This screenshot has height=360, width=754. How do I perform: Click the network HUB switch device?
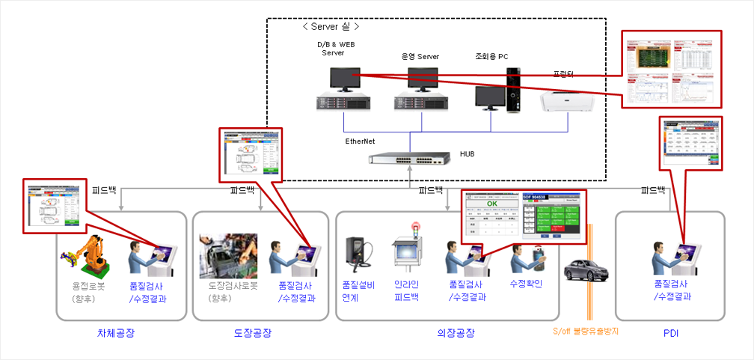(408, 160)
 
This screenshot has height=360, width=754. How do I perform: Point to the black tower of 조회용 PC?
(512, 90)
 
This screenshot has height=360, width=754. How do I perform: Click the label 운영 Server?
(420, 56)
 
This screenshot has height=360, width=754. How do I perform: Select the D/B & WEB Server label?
(333, 49)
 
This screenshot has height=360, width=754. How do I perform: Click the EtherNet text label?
(361, 141)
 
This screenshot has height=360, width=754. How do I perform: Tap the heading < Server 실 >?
(331, 26)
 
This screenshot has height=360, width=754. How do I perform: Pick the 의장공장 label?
(456, 332)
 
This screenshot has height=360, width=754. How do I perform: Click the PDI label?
(670, 332)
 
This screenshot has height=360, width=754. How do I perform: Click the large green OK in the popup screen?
(491, 203)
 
